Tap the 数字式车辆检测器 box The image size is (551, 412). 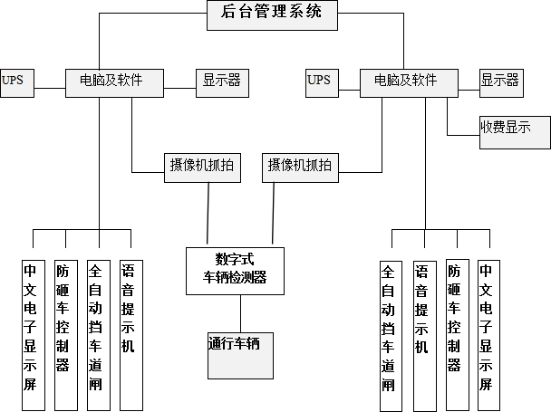(235, 268)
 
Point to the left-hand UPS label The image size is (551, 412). (15, 81)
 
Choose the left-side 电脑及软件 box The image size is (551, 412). (116, 81)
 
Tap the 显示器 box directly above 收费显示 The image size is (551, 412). (500, 81)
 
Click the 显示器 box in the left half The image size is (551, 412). (222, 81)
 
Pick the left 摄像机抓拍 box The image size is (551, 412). (201, 166)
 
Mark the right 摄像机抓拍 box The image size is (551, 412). (298, 166)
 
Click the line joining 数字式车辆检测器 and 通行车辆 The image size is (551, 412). (240, 313)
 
